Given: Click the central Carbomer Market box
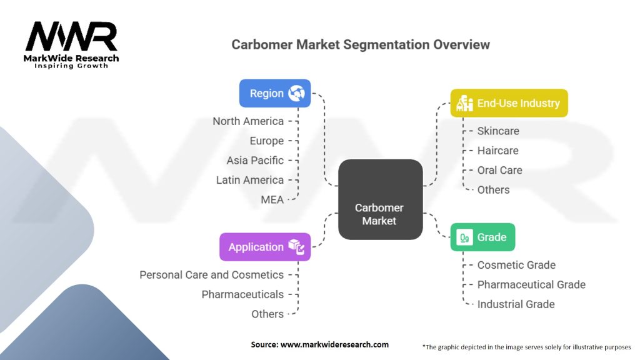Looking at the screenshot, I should [x=380, y=199].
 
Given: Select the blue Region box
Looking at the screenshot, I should [x=275, y=93].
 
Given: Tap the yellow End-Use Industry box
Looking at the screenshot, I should [x=509, y=102].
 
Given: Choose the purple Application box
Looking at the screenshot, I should [x=264, y=247].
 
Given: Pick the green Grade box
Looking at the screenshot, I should [x=482, y=237].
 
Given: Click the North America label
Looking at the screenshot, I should [x=248, y=121].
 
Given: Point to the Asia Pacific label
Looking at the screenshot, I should [x=255, y=161].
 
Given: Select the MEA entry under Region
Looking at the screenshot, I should [x=272, y=199].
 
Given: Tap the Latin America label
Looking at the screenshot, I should [x=250, y=180].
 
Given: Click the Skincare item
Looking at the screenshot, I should [x=498, y=131].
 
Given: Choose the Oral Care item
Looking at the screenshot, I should [x=499, y=170].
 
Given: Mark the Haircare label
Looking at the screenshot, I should [x=497, y=151].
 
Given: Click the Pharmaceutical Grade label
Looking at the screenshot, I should [x=531, y=284].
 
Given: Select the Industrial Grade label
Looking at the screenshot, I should [x=516, y=304].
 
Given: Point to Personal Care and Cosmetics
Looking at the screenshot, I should [x=211, y=275].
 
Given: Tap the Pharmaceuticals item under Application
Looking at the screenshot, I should [x=242, y=294].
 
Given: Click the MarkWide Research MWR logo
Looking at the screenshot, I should [x=71, y=44].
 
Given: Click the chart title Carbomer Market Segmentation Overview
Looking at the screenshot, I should [x=361, y=45].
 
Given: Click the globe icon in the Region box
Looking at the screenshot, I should [x=296, y=93].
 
